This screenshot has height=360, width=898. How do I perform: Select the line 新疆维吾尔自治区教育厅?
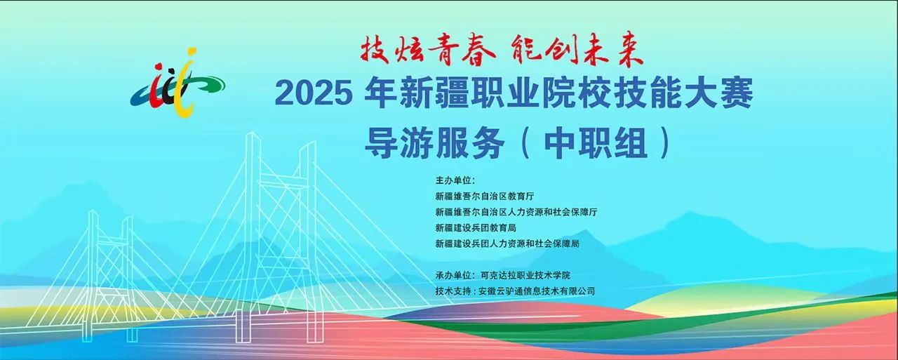coord(485,196)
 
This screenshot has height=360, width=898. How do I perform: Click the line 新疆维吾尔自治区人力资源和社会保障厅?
coord(516,212)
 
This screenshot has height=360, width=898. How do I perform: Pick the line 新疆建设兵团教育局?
coord(476,228)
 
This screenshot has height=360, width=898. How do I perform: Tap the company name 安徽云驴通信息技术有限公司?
coord(537,291)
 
